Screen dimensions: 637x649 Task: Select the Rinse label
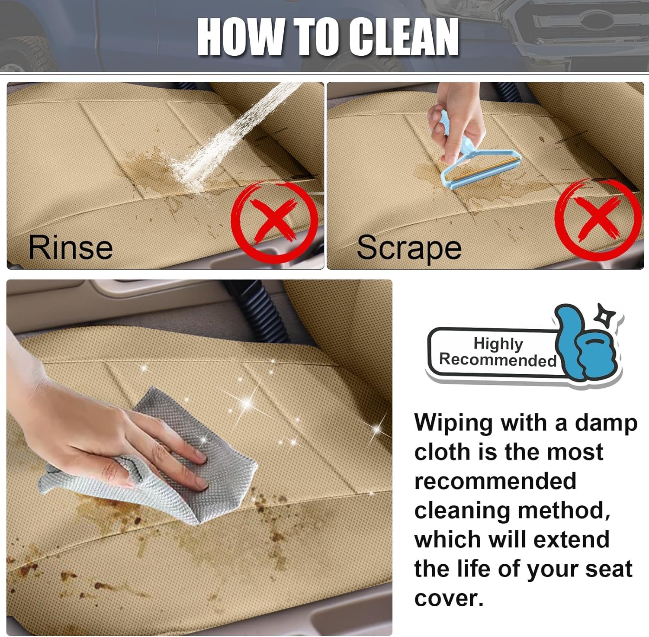pyautogui.click(x=71, y=247)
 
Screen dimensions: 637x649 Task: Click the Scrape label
pyautogui.click(x=409, y=248)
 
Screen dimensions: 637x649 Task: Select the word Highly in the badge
pyautogui.click(x=498, y=344)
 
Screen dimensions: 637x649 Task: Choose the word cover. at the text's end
pyautogui.click(x=449, y=598)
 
